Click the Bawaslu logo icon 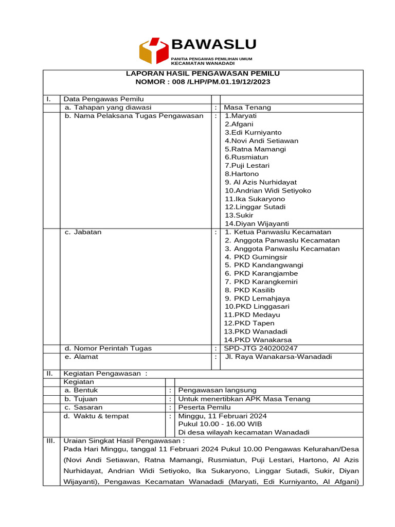click(x=153, y=50)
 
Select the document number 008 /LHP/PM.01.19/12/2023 click(x=220, y=82)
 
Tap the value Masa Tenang click(x=247, y=108)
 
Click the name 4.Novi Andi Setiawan click(x=261, y=140)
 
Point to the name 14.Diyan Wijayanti click(x=257, y=223)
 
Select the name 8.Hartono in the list click(x=242, y=174)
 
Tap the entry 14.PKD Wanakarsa click(x=258, y=340)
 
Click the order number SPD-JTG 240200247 click(x=261, y=348)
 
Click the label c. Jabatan click(x=83, y=232)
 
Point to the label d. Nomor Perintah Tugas click(x=108, y=348)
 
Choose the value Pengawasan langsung click(x=217, y=390)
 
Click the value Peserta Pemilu click(x=205, y=407)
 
